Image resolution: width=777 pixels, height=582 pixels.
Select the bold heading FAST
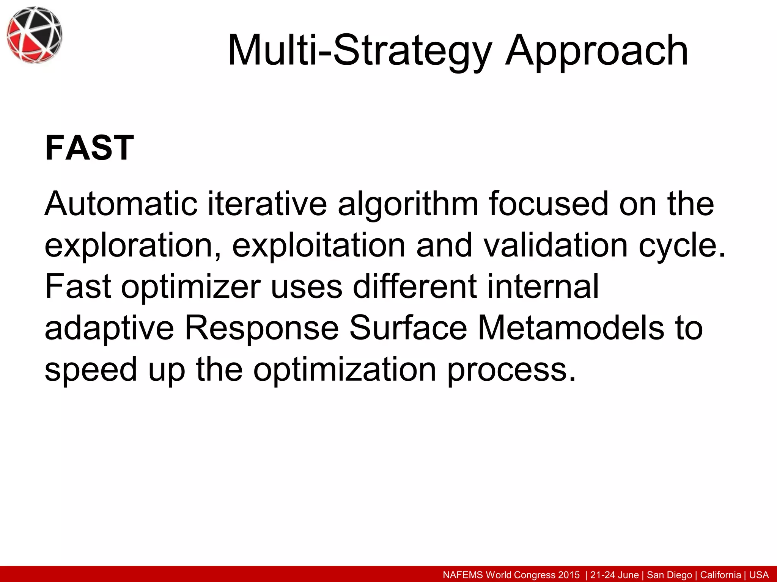tap(89, 148)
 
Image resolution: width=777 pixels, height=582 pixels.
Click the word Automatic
tap(121, 205)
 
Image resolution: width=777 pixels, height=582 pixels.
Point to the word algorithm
tap(408, 205)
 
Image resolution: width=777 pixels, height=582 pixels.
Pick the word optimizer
tap(191, 287)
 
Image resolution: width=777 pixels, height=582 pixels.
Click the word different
tap(415, 286)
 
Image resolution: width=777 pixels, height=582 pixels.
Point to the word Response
tap(261, 329)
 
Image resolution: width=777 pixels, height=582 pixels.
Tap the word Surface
tap(408, 328)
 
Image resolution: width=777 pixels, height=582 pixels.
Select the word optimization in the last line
tap(344, 369)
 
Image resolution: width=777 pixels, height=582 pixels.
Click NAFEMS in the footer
tap(463, 575)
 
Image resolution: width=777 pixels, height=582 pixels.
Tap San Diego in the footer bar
tap(669, 575)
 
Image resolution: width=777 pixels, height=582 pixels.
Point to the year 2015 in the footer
tap(569, 575)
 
